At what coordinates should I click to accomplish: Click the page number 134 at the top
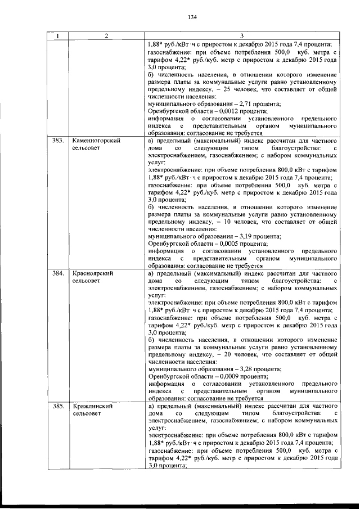(x=192, y=16)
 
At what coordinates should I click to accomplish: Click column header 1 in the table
(x=57, y=37)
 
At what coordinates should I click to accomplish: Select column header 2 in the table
(x=106, y=37)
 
